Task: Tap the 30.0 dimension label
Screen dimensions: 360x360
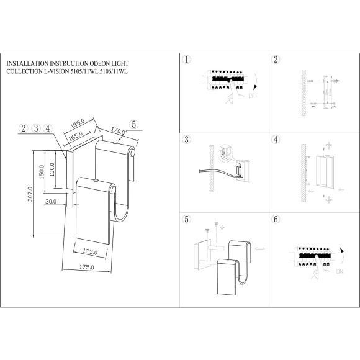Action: point(51,201)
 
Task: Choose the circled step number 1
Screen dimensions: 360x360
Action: point(186,60)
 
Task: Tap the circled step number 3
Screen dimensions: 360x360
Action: point(186,140)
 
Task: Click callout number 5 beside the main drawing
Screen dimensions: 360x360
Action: point(134,123)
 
